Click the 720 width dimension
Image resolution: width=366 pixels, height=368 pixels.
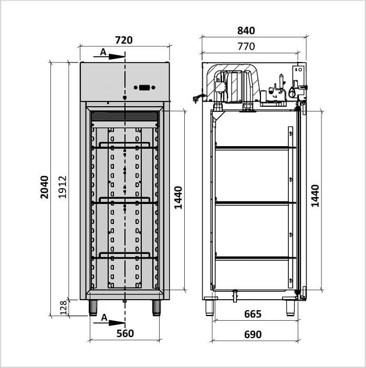(x=124, y=40)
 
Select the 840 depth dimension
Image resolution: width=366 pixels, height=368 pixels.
(x=246, y=30)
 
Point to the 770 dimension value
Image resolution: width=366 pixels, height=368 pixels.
(x=246, y=46)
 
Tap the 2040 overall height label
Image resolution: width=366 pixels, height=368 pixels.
(x=44, y=187)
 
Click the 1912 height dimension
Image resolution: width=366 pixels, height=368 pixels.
(x=62, y=187)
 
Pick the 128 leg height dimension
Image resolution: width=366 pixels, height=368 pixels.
(x=64, y=308)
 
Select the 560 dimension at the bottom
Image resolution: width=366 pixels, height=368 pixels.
(x=125, y=333)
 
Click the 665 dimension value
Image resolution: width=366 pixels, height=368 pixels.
(x=253, y=314)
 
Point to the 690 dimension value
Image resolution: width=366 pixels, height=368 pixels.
(x=253, y=334)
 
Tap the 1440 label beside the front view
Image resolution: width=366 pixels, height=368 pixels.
(x=178, y=198)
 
